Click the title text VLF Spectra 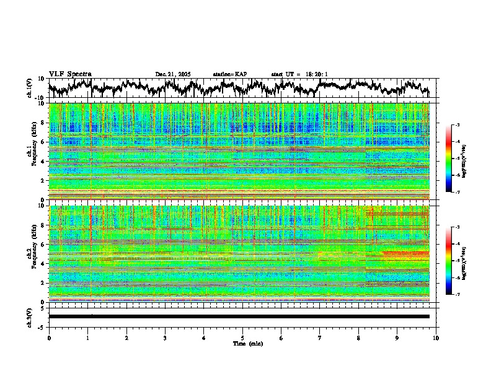click(70, 74)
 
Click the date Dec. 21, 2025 click(173, 74)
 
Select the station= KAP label click(230, 74)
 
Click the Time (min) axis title click(242, 343)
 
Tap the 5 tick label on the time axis click(242, 338)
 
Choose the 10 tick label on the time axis click(436, 338)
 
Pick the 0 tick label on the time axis click(49, 338)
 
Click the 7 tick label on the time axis click(320, 338)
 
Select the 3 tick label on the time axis click(165, 338)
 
